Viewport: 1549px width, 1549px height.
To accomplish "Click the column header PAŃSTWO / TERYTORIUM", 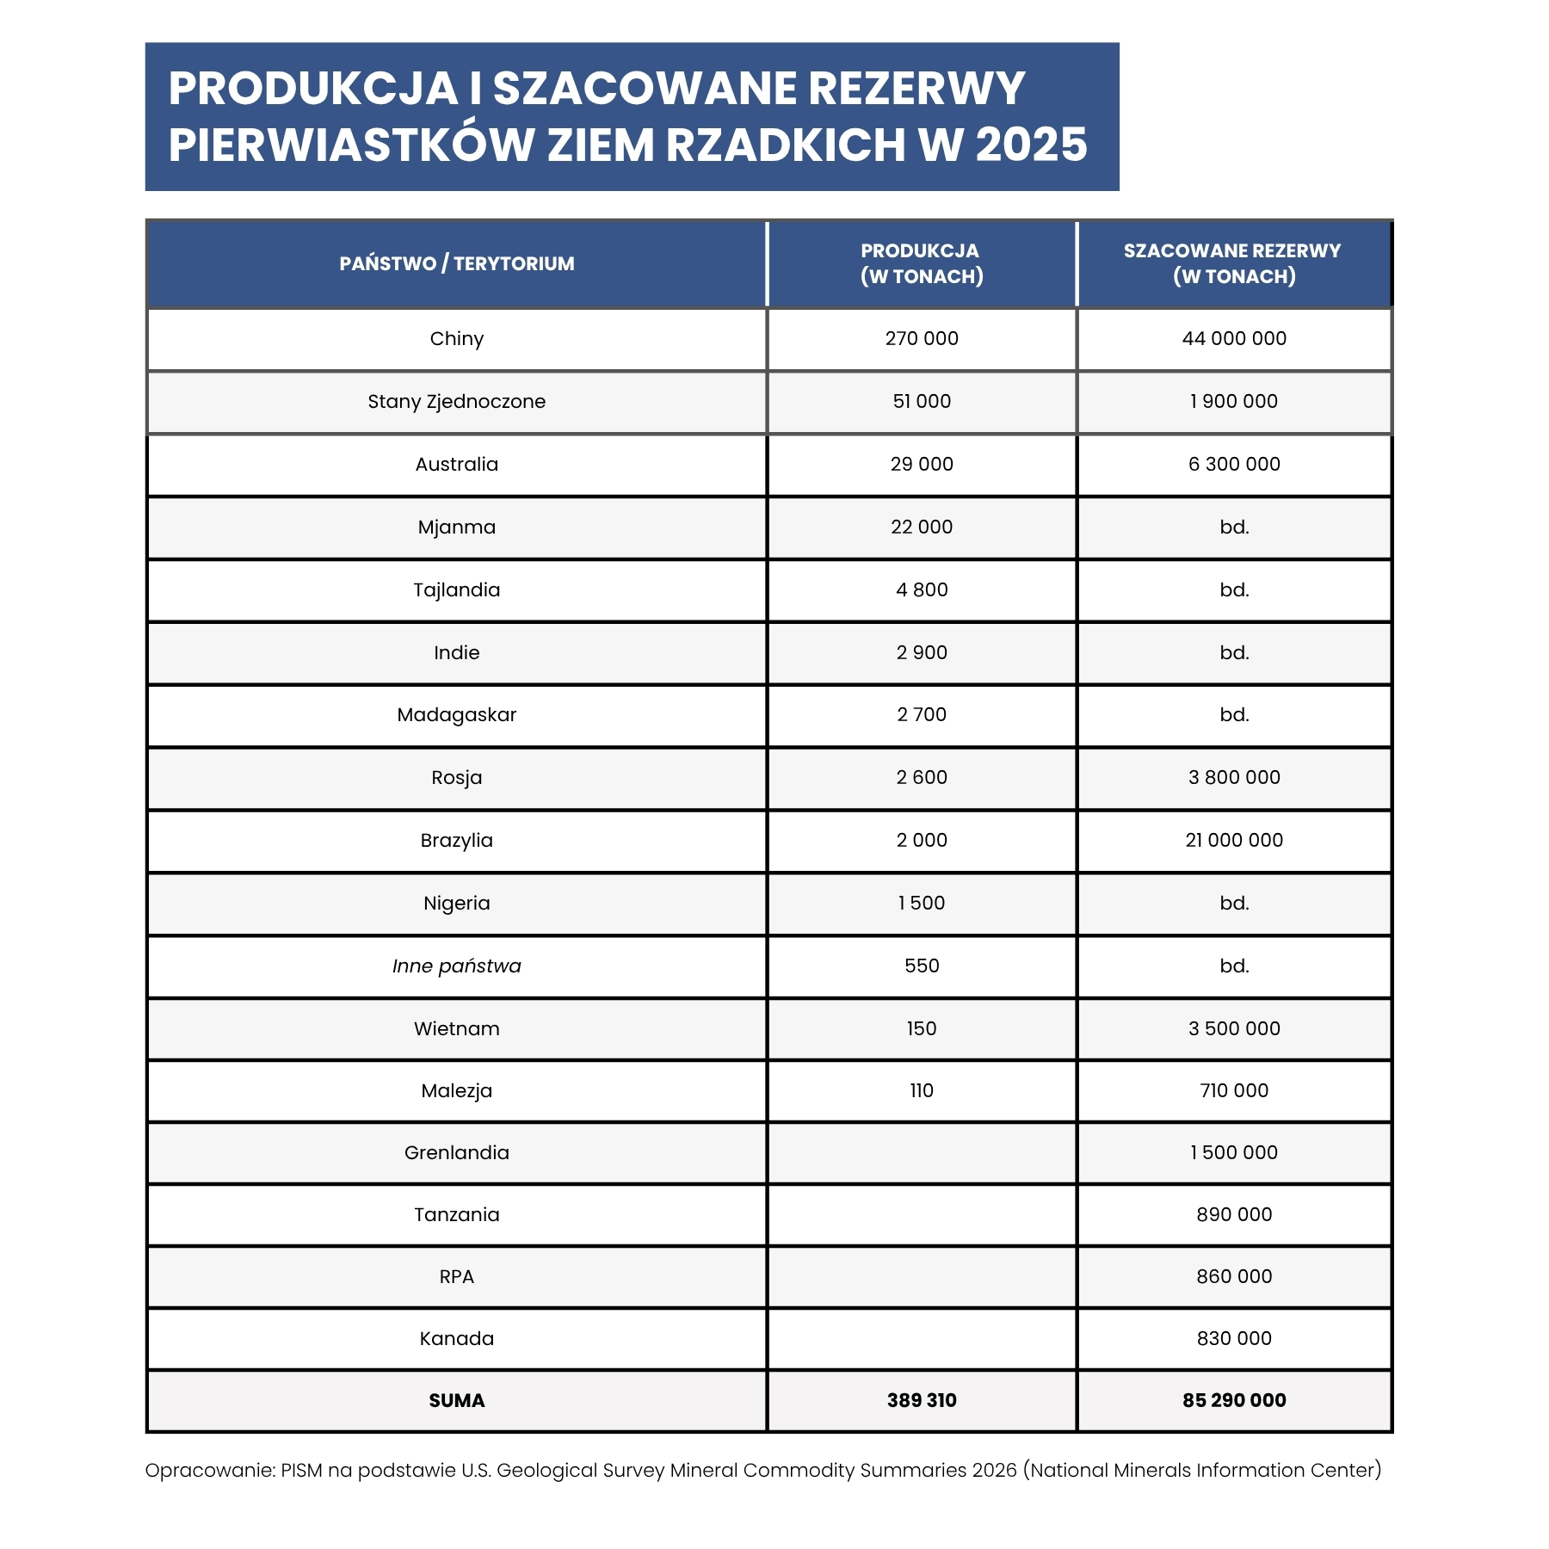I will coord(456,263).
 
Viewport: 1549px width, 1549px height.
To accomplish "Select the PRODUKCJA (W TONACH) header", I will coord(921,263).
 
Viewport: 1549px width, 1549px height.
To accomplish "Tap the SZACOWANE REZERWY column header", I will coord(1233,263).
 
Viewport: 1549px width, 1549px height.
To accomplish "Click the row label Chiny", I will coord(456,338).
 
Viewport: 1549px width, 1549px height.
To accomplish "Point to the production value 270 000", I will coord(921,338).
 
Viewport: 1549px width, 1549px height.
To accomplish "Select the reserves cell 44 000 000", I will coord(1233,338).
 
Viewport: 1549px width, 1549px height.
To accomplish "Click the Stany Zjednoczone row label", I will coord(456,401).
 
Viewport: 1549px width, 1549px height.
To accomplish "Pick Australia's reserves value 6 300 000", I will coord(1233,464).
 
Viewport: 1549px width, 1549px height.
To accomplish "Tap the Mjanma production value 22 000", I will coord(921,527).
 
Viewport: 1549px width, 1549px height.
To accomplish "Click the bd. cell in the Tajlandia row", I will coord(1233,589).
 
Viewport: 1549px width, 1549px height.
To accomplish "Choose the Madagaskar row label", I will coord(456,714).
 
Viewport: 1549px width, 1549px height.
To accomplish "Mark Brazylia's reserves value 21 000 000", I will coord(1233,840).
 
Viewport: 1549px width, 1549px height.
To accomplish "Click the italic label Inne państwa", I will coord(456,966).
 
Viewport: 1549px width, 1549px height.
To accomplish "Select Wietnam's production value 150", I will coord(921,1028).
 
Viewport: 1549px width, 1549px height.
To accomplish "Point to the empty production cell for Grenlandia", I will coord(921,1152).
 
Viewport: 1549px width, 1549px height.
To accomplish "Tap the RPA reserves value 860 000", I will coord(1233,1276).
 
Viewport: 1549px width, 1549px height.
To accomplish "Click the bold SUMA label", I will coord(456,1400).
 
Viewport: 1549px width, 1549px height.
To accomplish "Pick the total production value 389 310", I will coord(921,1400).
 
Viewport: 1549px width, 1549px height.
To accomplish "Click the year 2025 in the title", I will coord(1031,145).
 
